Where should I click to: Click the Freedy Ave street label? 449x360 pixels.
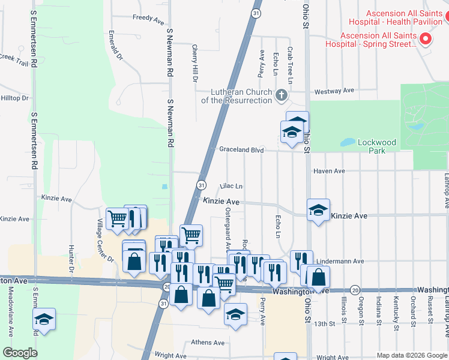[148, 20]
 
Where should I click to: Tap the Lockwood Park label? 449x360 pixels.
[377, 146]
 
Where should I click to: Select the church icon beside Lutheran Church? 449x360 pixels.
[281, 95]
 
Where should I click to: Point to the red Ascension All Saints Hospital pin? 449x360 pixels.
[426, 40]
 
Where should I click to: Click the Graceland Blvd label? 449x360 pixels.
[241, 149]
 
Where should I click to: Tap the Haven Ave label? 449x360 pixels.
[330, 171]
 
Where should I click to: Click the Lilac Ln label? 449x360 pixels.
[231, 186]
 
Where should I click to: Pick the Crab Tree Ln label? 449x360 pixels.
[290, 66]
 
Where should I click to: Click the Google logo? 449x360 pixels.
[20, 353]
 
